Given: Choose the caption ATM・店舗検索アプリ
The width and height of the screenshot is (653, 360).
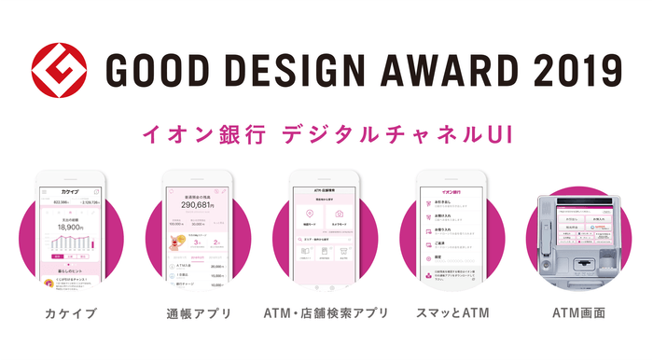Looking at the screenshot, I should point(326,312).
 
